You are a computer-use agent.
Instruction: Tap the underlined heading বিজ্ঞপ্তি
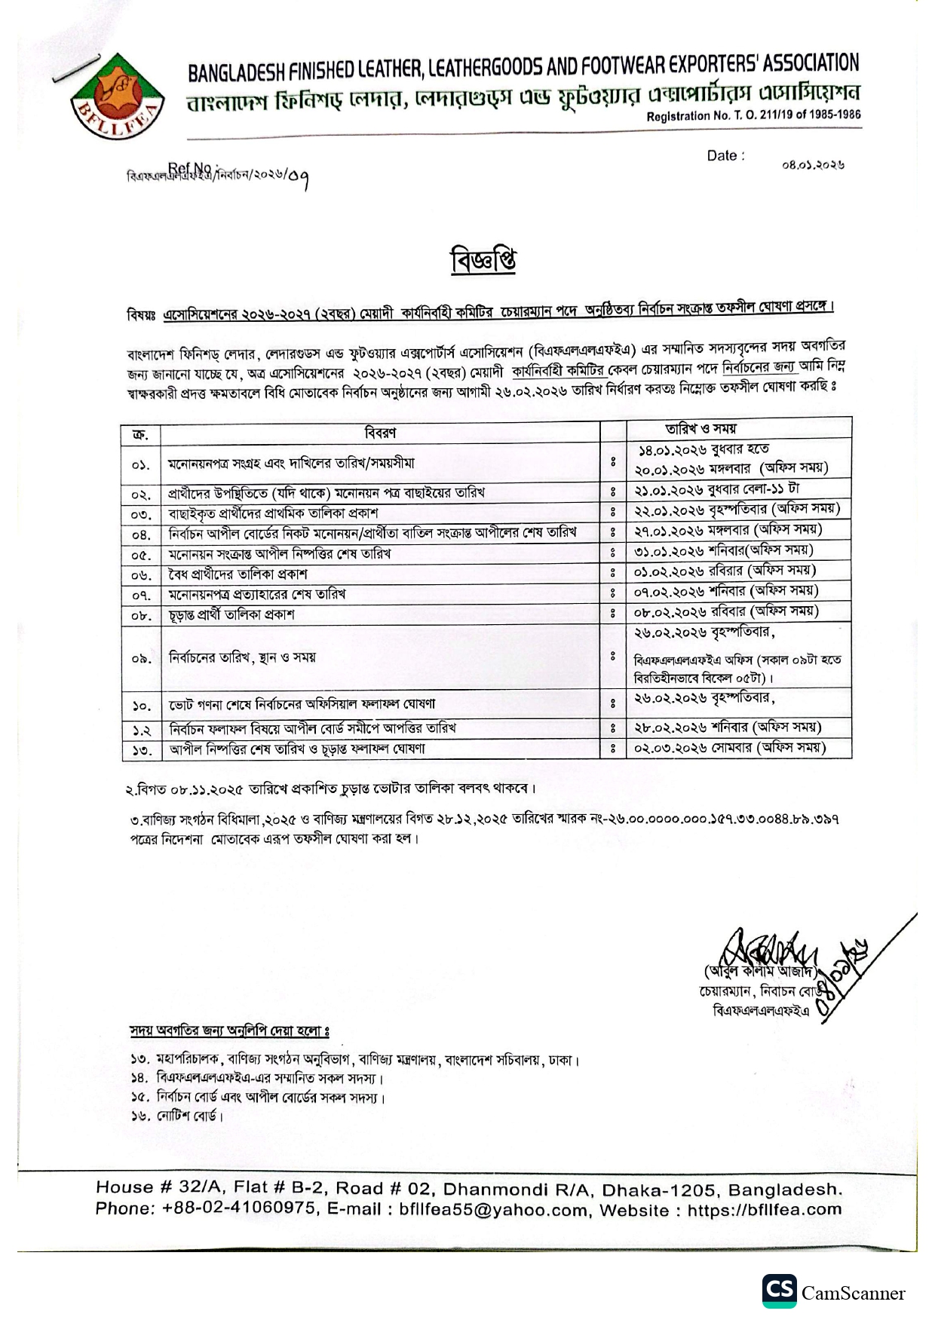coord(483,261)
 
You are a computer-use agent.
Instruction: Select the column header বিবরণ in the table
coord(380,433)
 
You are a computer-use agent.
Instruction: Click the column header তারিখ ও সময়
coord(700,428)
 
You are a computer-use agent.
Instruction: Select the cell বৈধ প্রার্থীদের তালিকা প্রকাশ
coord(238,574)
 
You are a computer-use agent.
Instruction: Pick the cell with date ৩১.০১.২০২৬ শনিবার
coord(723,551)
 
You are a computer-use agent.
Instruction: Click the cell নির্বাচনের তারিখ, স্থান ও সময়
coord(242,657)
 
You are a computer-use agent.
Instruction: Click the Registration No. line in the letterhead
coord(753,115)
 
